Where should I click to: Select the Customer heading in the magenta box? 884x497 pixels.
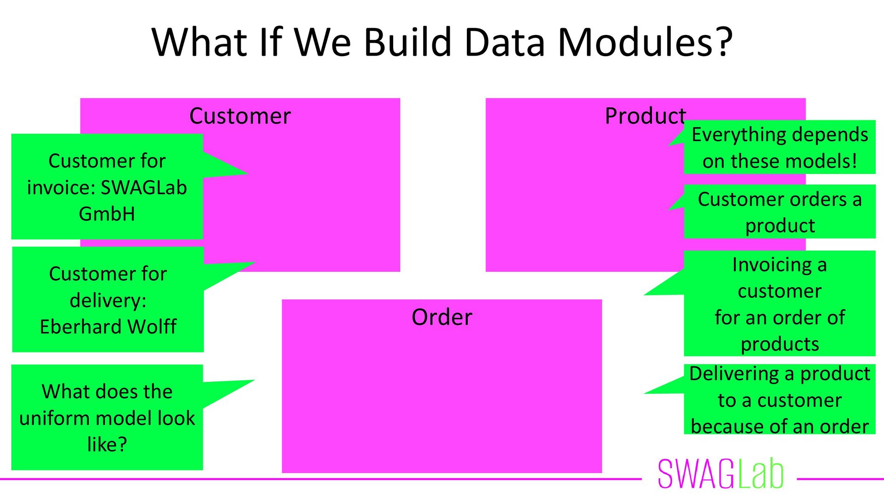[240, 116]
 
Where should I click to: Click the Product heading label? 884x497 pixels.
[645, 116]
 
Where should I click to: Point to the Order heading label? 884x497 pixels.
[442, 317]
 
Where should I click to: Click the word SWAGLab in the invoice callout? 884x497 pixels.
[144, 187]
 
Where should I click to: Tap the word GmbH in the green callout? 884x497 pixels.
[107, 214]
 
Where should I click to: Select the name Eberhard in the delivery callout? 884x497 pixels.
[81, 327]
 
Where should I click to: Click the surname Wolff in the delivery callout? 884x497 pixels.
[152, 327]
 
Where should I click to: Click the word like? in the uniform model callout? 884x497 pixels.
[107, 445]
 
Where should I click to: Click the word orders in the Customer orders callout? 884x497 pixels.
[818, 200]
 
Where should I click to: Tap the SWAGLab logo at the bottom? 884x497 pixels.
[721, 474]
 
